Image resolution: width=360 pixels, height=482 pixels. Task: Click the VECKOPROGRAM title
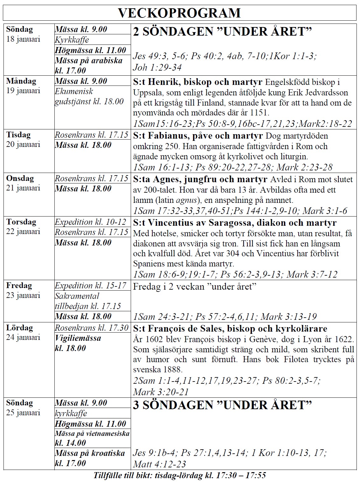coord(179,13)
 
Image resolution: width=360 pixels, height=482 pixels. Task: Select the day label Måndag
coord(21,81)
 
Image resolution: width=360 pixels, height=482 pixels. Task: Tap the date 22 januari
coord(23,231)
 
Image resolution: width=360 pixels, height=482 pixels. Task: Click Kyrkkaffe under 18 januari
coord(72,40)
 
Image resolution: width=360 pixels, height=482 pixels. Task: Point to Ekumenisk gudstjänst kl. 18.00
coord(89,96)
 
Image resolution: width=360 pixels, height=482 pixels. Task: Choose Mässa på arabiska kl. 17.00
coord(88,65)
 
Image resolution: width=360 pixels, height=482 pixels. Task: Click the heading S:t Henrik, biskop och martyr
coord(197,82)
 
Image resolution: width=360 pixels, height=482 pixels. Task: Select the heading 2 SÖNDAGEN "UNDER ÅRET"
coord(222,31)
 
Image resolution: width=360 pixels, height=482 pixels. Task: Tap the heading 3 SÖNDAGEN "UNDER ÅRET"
coord(222,405)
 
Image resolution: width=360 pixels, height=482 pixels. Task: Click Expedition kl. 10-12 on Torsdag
coord(91,222)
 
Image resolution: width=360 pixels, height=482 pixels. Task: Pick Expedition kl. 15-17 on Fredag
coord(91,286)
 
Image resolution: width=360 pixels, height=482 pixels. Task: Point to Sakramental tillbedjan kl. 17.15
coord(88,301)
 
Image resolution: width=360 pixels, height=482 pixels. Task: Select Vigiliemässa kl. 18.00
coord(78,343)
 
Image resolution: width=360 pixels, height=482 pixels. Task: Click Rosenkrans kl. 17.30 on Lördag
coord(92,327)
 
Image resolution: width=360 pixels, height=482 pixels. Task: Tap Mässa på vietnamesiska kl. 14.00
coord(92,438)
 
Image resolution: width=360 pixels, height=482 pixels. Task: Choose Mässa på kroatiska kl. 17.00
coord(90,458)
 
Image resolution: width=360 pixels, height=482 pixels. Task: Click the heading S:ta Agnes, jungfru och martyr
coord(200,180)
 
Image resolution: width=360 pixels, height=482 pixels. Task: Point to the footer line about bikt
coord(180,476)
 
